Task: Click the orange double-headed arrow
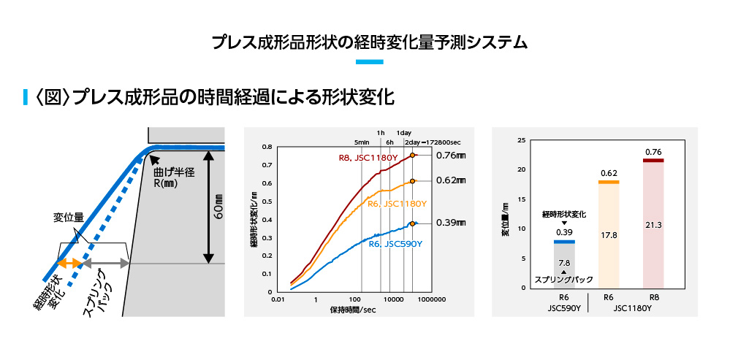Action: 69,264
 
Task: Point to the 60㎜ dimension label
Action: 218,207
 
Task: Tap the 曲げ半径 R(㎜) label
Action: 174,178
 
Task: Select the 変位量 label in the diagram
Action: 68,217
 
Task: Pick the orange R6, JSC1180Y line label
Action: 397,204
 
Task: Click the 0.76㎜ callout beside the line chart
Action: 450,156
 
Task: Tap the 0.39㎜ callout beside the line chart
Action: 450,223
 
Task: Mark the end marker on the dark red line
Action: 412,156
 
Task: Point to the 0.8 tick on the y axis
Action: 267,147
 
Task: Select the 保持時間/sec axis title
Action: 353,310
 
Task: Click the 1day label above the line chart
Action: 404,133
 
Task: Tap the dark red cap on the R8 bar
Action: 653,161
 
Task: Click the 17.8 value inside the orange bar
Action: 609,235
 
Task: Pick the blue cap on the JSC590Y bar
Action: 564,242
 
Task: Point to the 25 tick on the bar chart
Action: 522,140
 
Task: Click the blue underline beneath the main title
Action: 370,61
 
